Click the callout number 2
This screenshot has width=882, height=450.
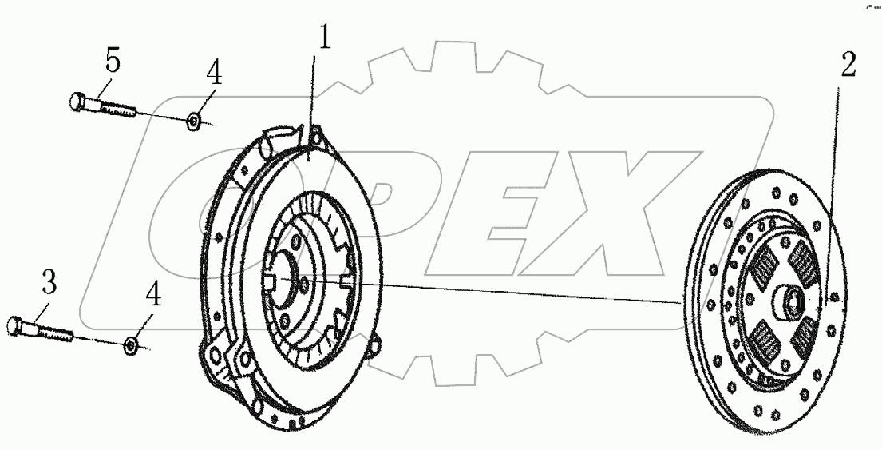(848, 65)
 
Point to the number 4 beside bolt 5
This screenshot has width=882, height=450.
(214, 74)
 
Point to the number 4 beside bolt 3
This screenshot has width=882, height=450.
(153, 295)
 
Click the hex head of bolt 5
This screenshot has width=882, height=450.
(79, 102)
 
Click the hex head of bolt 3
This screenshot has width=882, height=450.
(16, 325)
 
